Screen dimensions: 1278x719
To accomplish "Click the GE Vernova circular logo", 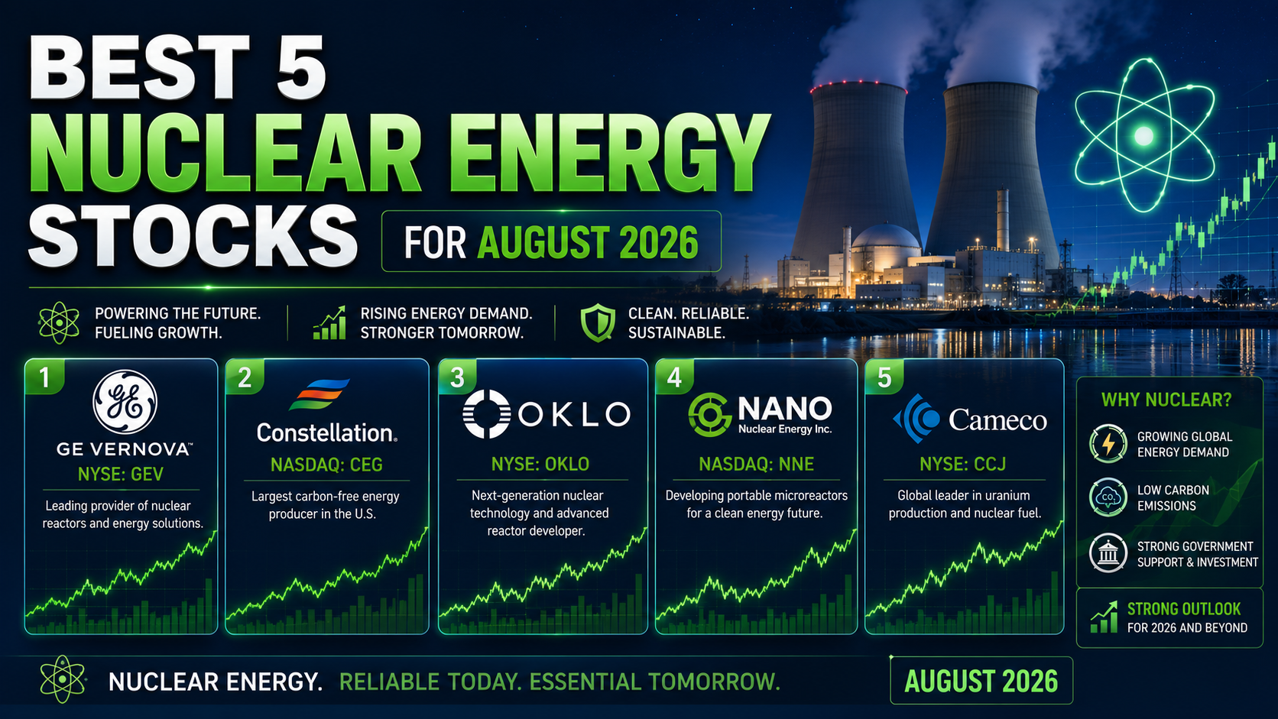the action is [125, 402].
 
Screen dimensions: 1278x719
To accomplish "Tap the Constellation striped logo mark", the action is [319, 394].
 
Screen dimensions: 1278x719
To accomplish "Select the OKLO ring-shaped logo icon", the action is [486, 414].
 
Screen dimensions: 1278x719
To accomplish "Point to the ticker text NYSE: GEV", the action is [120, 474].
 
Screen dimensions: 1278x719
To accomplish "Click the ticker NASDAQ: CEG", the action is [326, 465].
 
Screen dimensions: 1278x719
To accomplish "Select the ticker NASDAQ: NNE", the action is [756, 465].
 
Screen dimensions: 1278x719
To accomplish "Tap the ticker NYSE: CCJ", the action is [962, 465].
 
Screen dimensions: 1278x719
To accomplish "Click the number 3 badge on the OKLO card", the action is [458, 377].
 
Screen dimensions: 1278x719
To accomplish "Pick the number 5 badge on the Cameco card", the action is [884, 377].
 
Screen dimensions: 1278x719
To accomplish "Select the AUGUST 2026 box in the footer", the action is [981, 681].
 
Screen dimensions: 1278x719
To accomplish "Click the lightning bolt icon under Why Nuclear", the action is [1108, 444].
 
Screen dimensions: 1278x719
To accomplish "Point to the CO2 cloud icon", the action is [1108, 497].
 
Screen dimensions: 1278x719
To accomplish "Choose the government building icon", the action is [1108, 553].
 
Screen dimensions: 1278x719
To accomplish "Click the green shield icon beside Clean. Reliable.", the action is [598, 322].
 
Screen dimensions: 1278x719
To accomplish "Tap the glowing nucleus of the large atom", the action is [1143, 136].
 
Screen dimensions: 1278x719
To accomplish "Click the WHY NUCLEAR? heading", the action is [1166, 400].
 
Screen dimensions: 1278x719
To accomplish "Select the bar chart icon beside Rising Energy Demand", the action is [329, 323].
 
